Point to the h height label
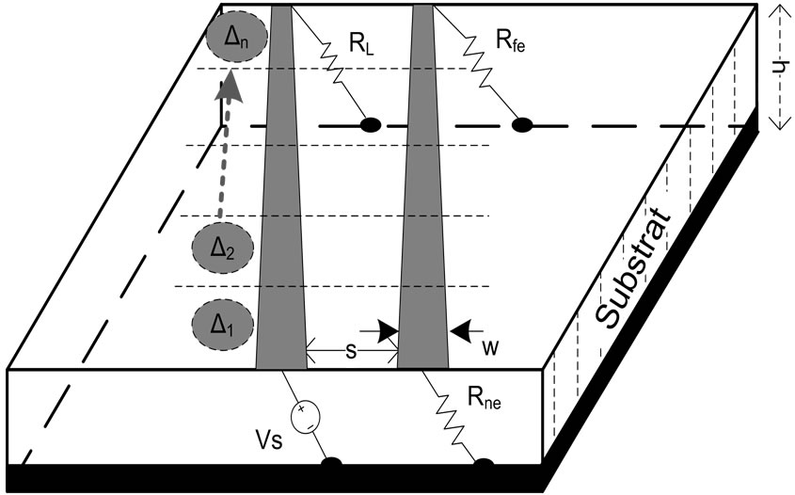777,67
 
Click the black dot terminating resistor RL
372,123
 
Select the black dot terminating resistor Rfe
521,123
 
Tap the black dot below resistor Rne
484,463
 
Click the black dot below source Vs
331,463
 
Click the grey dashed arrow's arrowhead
226,88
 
